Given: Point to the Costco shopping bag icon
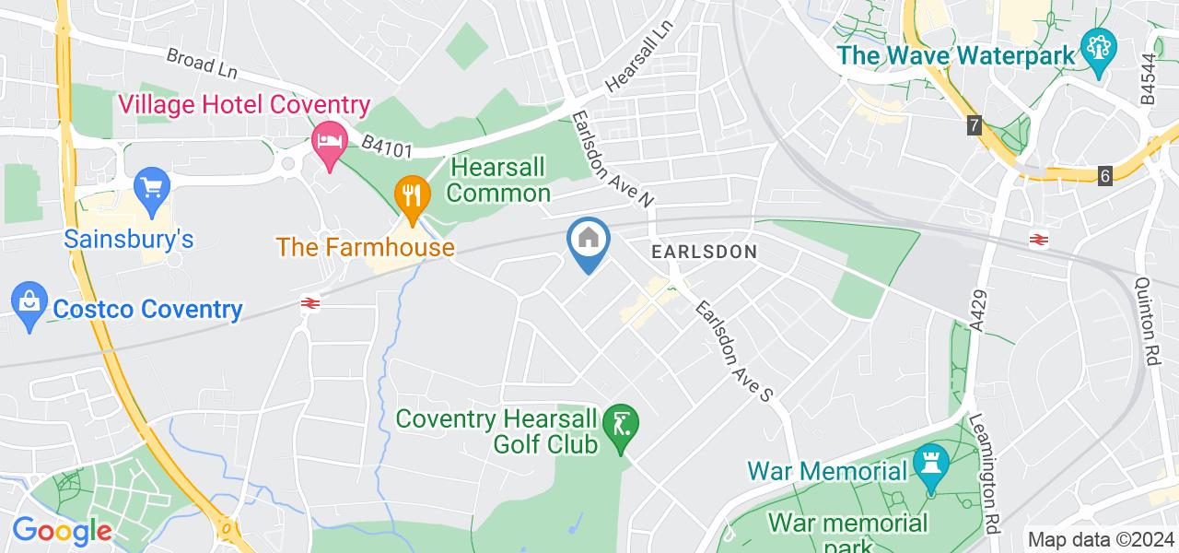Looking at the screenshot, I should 29,302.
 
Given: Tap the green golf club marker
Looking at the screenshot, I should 621,425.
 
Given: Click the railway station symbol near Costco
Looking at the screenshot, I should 309,302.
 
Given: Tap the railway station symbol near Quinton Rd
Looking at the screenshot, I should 1037,240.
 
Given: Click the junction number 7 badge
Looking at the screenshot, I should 975,125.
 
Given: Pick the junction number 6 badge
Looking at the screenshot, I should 1105,175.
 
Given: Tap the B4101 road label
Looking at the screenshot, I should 386,146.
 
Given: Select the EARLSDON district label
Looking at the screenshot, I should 704,251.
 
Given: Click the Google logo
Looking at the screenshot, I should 62,532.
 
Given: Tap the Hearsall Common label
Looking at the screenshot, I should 499,180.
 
